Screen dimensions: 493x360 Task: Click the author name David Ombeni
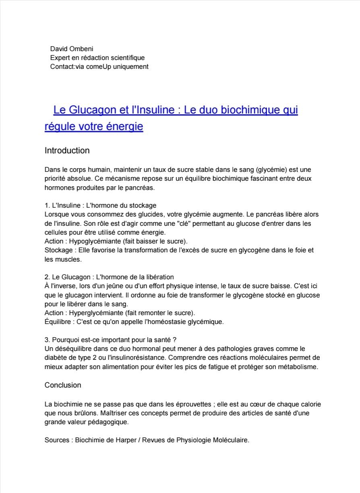coord(72,49)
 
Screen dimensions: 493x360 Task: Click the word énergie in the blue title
coord(124,126)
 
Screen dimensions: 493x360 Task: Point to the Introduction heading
coord(67,151)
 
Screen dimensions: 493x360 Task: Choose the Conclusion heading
coord(63,385)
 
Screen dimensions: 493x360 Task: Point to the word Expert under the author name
coord(60,58)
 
